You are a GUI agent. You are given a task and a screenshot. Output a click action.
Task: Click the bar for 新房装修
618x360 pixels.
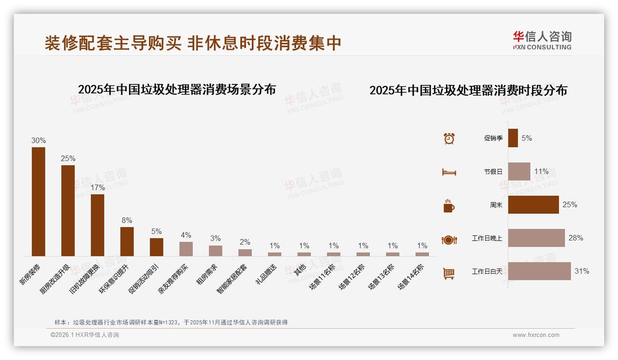[x=38, y=202]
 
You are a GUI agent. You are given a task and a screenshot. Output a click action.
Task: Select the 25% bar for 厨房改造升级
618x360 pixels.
[x=68, y=210]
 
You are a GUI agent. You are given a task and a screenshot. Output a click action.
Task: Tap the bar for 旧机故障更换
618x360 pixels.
[x=97, y=225]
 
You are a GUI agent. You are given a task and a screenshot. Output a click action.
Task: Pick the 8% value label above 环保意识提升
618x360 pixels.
[x=127, y=221]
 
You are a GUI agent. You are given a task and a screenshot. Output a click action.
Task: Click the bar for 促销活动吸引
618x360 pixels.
[x=156, y=247]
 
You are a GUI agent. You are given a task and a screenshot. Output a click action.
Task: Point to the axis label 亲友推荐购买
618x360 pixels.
[x=173, y=278]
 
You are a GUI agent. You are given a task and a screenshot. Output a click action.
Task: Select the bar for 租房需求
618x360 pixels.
[x=215, y=251]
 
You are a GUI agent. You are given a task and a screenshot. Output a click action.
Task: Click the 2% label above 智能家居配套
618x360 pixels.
[x=245, y=242]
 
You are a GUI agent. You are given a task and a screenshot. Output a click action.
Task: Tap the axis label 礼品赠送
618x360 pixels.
[x=267, y=273]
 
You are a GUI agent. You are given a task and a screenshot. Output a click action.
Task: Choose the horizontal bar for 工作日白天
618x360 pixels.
[x=539, y=271]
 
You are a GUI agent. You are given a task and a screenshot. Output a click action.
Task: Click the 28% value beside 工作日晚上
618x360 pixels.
[x=576, y=238]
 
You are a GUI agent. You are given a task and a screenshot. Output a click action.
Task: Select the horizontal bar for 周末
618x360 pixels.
[x=533, y=205]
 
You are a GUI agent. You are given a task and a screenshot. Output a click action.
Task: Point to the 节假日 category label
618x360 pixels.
[x=493, y=172]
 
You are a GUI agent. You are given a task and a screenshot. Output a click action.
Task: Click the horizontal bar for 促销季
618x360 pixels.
[x=513, y=138]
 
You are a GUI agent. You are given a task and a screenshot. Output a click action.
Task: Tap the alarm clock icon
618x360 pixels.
[x=449, y=138]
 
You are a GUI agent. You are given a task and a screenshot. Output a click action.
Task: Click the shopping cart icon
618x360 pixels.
[x=449, y=274]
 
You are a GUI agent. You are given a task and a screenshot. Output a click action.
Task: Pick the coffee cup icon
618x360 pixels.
[x=449, y=206]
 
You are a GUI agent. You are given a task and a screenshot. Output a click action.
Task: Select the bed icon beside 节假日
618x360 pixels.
[x=449, y=172]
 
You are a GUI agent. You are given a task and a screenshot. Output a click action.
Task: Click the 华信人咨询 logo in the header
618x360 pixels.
[x=542, y=40]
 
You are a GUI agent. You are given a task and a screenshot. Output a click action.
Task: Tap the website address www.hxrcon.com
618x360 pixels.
[x=536, y=335]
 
